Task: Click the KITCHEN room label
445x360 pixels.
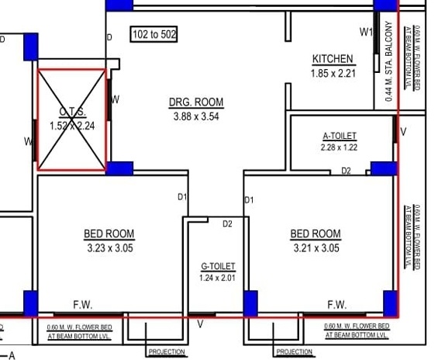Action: point(333,59)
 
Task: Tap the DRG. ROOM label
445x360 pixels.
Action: point(196,102)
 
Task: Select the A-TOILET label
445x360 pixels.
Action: point(340,136)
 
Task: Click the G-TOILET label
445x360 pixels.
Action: point(217,266)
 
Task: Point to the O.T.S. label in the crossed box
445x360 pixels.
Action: point(72,112)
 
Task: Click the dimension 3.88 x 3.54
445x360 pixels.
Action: point(196,116)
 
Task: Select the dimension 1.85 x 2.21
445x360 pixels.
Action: point(333,73)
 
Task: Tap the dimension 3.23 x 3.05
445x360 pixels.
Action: point(109,248)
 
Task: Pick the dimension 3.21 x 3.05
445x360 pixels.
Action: point(316,248)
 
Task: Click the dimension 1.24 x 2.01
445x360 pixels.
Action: point(217,278)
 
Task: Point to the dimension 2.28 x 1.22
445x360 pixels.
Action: point(340,147)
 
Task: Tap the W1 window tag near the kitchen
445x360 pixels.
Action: point(367,32)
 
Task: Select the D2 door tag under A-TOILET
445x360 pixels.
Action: point(346,171)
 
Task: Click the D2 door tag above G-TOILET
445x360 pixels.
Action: point(227,224)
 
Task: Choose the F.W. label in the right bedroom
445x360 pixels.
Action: point(336,304)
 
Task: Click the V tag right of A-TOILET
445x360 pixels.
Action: point(402,133)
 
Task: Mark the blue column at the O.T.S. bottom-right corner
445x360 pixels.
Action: point(119,168)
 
